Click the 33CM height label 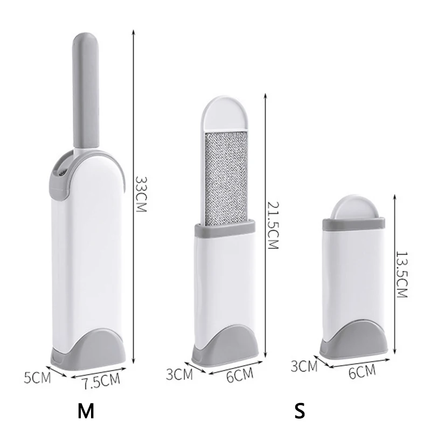tap(141, 193)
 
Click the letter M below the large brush tap(85, 412)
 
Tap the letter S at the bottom tap(299, 412)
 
